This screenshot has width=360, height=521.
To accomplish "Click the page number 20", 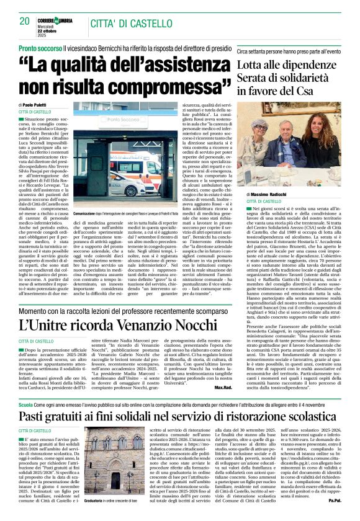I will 24,20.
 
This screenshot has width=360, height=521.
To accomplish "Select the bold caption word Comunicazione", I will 90,195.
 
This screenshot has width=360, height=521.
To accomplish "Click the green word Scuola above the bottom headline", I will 26,403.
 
